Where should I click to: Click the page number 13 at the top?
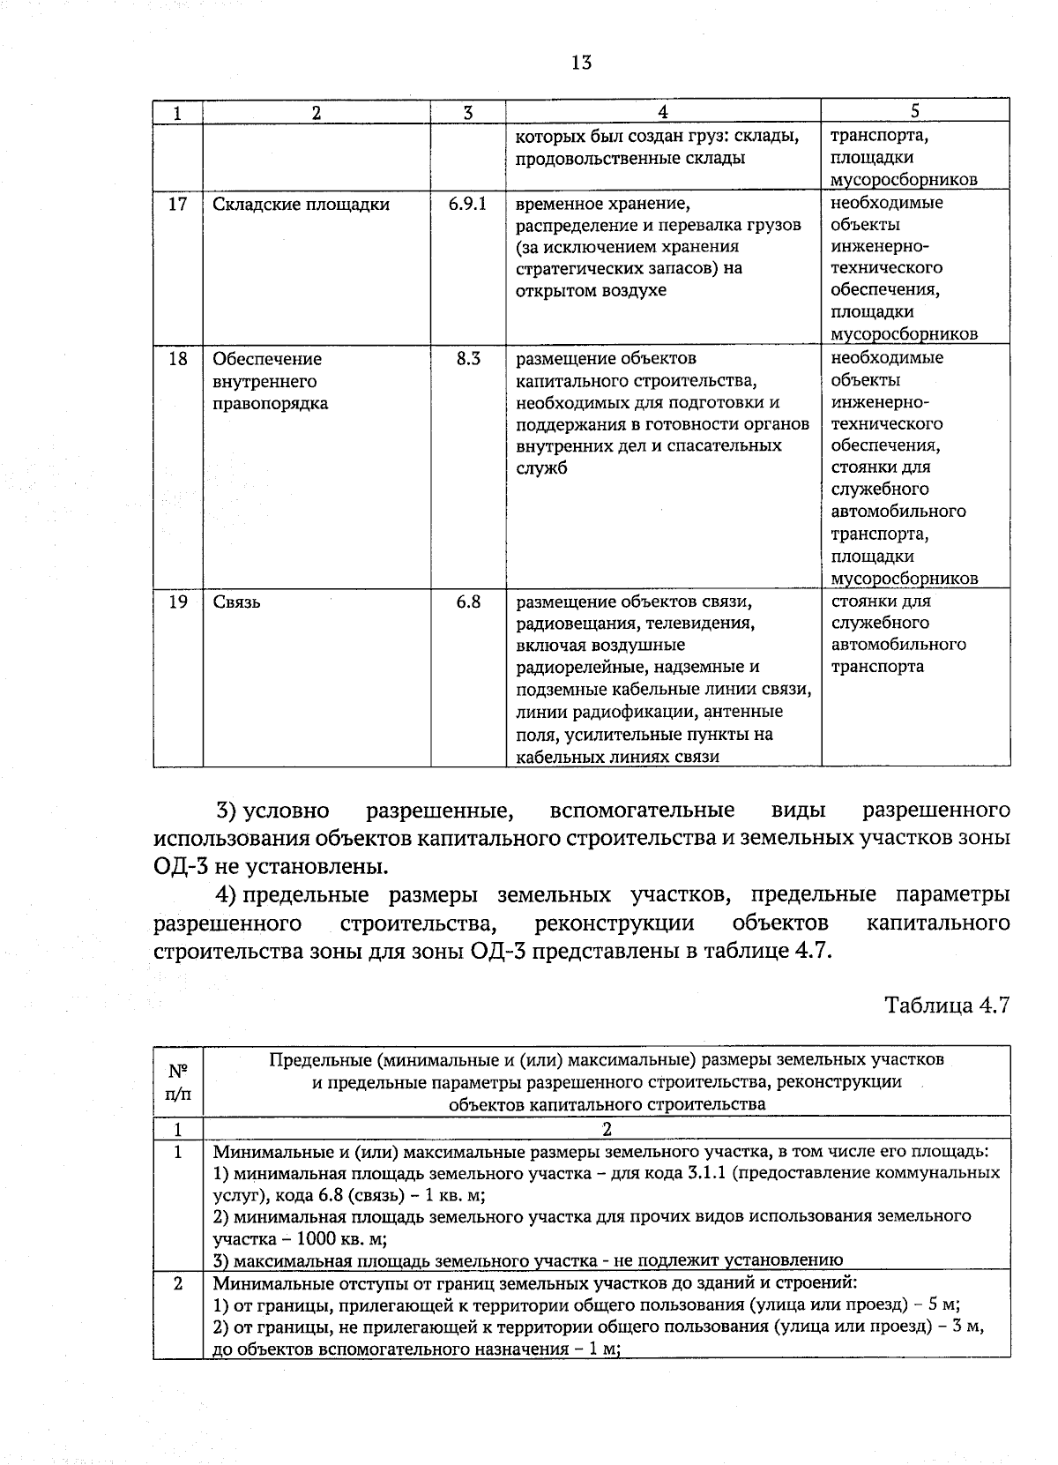(x=581, y=63)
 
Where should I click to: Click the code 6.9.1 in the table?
(x=467, y=204)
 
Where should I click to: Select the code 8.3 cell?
(x=468, y=359)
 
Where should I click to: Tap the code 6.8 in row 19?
(x=468, y=602)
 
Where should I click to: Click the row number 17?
(x=177, y=204)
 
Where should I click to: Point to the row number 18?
(x=177, y=359)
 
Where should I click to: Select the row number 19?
(x=177, y=602)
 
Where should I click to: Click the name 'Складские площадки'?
(x=301, y=205)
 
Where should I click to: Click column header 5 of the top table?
(x=915, y=111)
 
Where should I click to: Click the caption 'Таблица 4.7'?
(x=946, y=1005)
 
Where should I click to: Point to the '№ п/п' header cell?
(x=178, y=1081)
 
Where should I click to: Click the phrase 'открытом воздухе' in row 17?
(x=591, y=290)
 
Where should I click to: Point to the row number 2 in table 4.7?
(x=177, y=1284)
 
